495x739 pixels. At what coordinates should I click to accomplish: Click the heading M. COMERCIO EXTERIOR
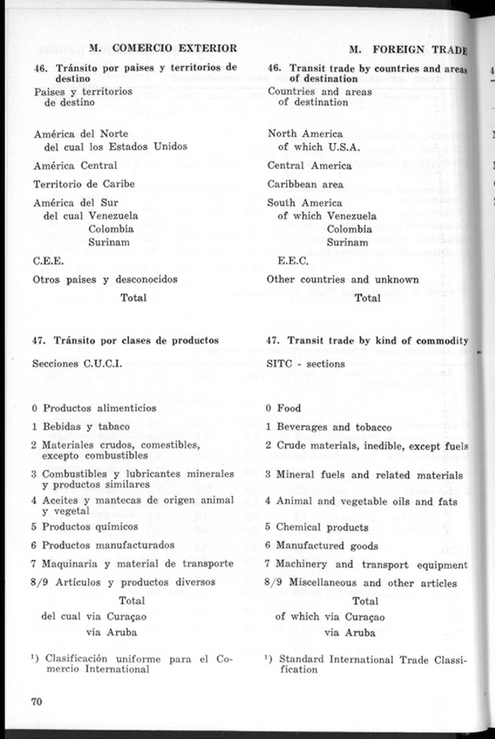point(163,49)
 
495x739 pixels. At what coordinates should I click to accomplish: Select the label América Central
point(75,166)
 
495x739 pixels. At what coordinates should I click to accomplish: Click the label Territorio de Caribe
point(84,185)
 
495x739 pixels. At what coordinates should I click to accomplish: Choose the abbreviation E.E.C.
point(294,261)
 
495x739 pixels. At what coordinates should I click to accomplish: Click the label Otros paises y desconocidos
point(105,279)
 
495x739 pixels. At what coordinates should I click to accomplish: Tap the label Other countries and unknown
point(343,279)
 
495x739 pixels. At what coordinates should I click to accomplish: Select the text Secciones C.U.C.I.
point(77,364)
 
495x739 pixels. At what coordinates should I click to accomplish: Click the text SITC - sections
point(306,364)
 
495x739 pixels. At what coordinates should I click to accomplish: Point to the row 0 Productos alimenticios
point(94,408)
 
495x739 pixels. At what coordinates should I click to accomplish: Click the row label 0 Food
point(284,408)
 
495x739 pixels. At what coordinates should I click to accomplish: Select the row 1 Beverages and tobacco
point(328,427)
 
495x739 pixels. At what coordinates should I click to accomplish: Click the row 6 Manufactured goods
point(322,546)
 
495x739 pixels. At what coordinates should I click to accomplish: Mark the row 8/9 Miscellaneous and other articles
point(361,583)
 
